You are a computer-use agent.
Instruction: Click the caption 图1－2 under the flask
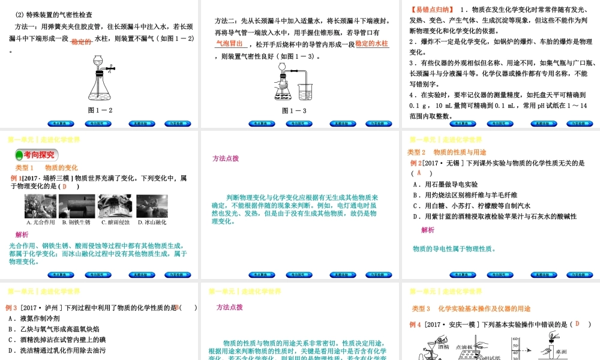point(100,110)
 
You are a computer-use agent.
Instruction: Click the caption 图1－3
point(294,110)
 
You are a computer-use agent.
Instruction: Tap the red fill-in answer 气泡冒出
point(229,44)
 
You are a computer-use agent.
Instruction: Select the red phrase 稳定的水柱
point(372,44)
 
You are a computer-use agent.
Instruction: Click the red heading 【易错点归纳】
point(430,10)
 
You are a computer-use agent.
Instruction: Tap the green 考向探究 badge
point(37,155)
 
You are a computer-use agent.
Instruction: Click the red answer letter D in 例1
point(65,187)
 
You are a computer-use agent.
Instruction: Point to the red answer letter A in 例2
point(419,173)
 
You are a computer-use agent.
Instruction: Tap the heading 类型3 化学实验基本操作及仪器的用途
point(471,308)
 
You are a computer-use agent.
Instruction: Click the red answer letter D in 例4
point(577,324)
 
